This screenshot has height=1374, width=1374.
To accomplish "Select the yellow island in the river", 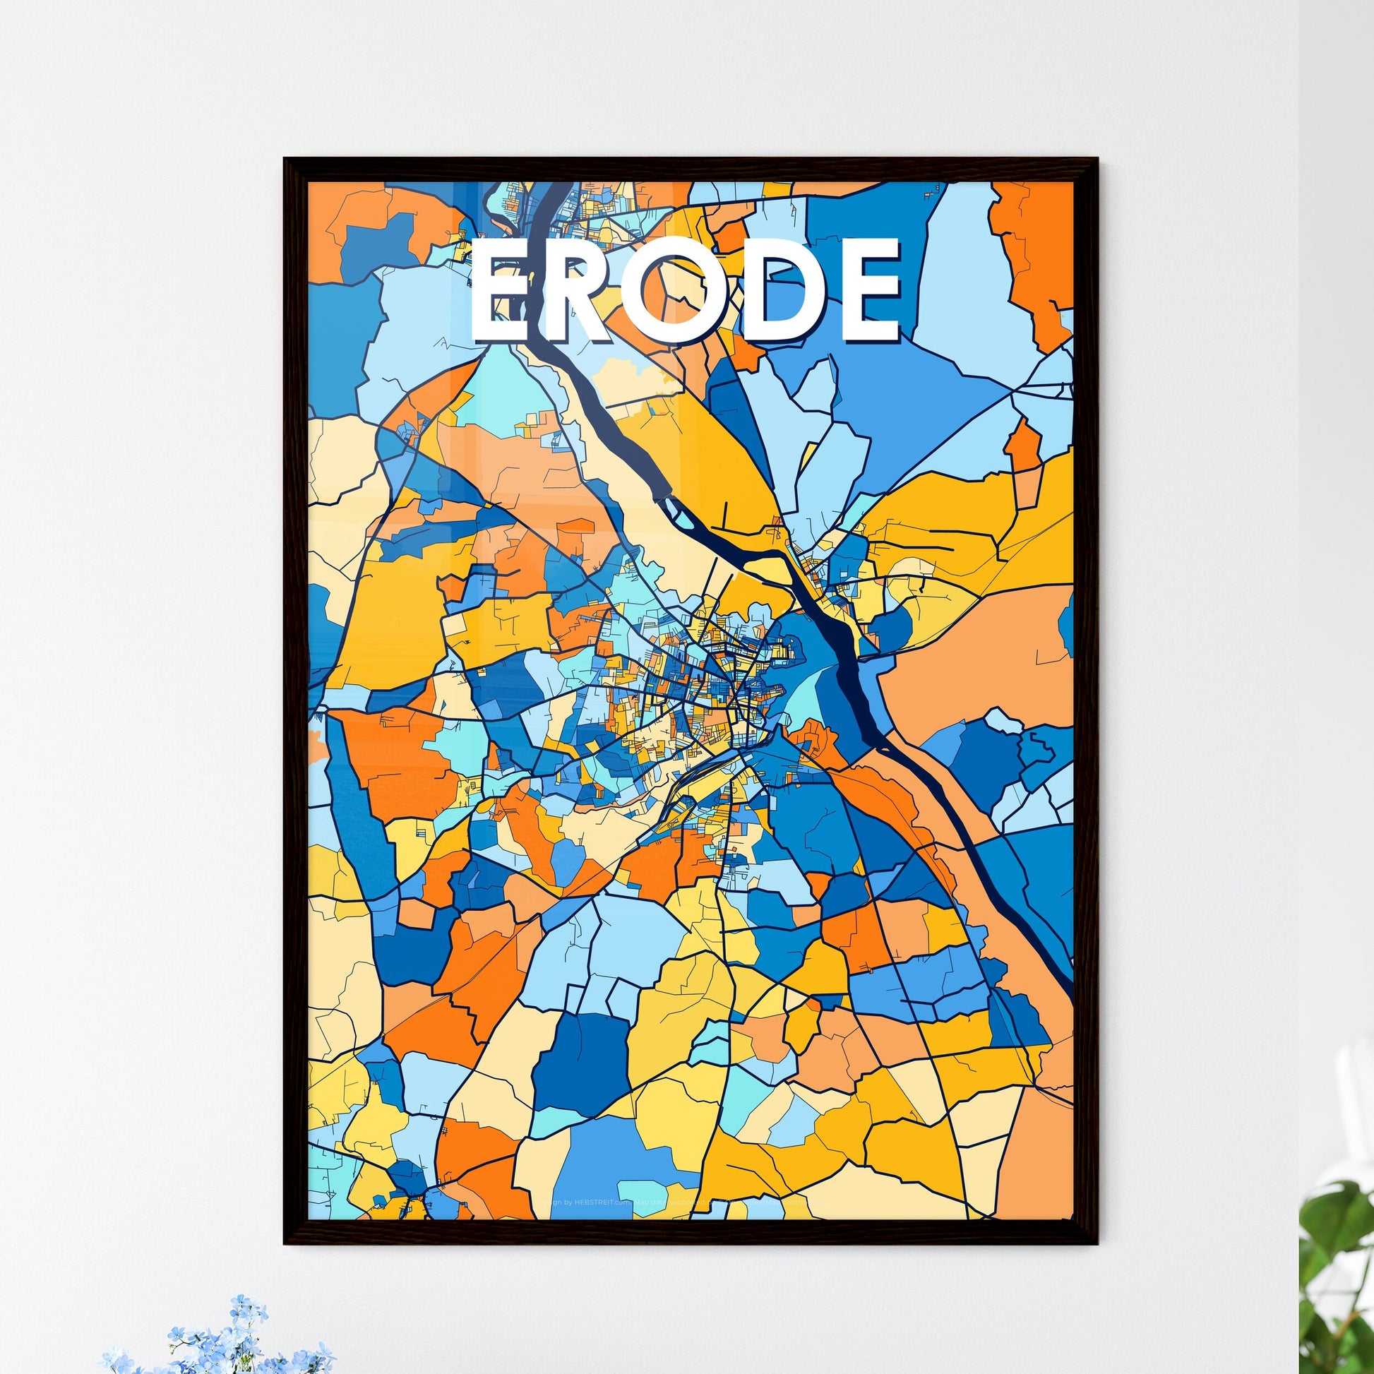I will (772, 565).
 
